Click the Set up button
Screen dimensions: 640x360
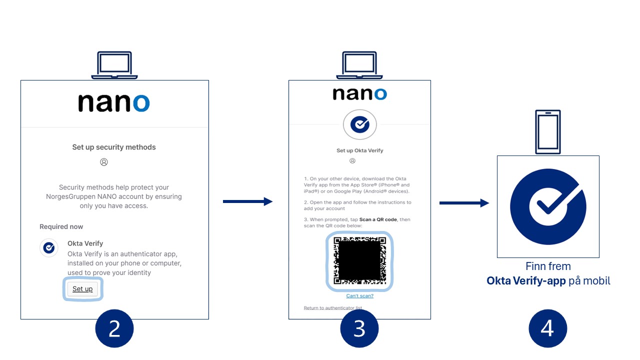point(82,289)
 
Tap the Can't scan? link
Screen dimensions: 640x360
point(359,295)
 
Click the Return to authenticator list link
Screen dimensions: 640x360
point(333,307)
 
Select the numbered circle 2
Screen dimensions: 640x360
point(114,328)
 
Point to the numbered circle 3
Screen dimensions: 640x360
point(359,328)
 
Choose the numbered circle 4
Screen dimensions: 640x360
point(547,328)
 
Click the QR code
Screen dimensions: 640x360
point(359,261)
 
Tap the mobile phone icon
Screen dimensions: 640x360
point(547,132)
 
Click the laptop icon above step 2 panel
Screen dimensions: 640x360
point(114,65)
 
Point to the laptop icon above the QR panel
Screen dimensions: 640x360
point(359,65)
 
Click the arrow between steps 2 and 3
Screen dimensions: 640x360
point(247,201)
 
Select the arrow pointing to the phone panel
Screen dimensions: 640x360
point(464,203)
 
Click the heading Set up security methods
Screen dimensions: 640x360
point(114,147)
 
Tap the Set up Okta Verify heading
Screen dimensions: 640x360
point(359,150)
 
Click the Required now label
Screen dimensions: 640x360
point(61,226)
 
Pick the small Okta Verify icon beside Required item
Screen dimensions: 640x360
point(49,247)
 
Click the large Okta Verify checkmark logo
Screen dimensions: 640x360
point(548,206)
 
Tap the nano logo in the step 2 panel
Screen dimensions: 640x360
point(113,103)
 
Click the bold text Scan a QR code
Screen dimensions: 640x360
point(378,219)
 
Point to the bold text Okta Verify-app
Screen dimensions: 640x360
point(526,281)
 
